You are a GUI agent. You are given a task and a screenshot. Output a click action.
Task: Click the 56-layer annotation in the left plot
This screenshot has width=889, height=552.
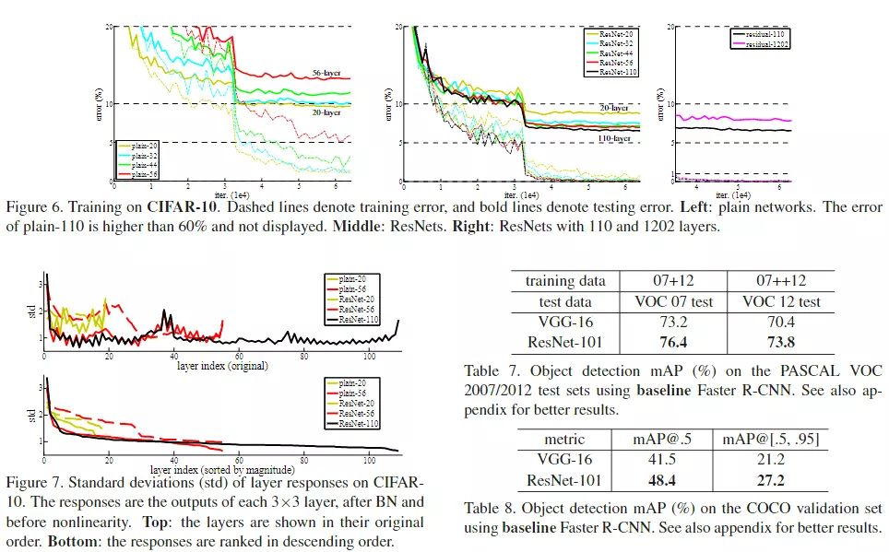(x=327, y=71)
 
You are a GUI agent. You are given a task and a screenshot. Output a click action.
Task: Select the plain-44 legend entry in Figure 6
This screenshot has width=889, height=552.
(x=145, y=165)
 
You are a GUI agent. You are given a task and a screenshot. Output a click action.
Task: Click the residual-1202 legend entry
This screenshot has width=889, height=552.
(x=765, y=43)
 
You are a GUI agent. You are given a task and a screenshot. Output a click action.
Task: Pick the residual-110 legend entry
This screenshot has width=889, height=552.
(x=765, y=34)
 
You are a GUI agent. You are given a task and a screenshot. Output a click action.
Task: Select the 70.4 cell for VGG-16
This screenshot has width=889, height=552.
(x=781, y=323)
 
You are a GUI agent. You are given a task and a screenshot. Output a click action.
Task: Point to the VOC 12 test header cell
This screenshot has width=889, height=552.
(x=781, y=301)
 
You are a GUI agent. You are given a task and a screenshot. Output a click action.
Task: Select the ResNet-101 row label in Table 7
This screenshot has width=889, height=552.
(x=566, y=344)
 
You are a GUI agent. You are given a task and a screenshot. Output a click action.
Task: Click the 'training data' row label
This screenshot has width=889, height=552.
(x=566, y=280)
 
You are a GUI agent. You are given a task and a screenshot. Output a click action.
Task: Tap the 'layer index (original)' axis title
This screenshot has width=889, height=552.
(x=222, y=366)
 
